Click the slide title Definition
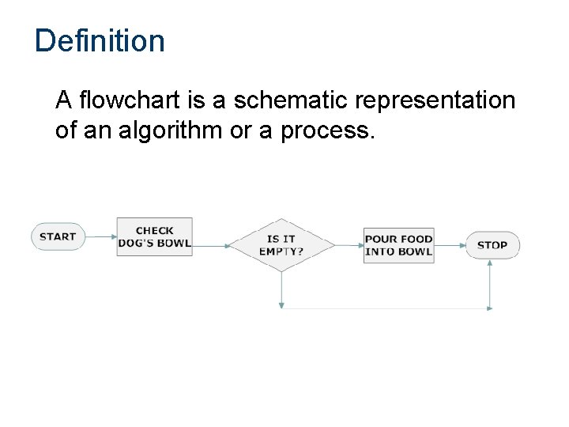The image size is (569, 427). [x=100, y=41]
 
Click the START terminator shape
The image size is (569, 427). [x=58, y=236]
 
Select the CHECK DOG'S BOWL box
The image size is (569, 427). [x=154, y=236]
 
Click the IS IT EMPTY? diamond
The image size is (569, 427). [x=281, y=245]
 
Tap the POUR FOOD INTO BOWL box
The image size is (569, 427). [x=398, y=245]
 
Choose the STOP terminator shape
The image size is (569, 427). [x=492, y=245]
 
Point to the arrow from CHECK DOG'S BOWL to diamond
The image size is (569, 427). [x=211, y=245]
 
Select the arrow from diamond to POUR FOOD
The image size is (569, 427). [x=348, y=245]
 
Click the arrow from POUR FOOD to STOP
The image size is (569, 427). [x=450, y=245]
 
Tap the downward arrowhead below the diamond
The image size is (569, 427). [x=281, y=304]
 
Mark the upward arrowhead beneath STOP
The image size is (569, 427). [x=492, y=264]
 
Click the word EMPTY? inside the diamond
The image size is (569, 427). [x=281, y=251]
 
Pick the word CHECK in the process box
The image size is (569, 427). [x=154, y=231]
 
